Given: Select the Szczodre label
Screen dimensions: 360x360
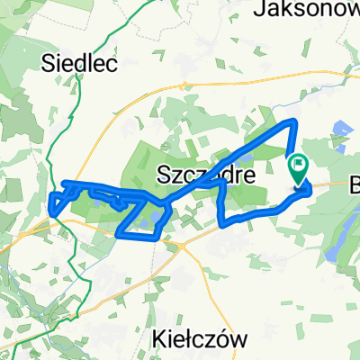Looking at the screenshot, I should [205, 172].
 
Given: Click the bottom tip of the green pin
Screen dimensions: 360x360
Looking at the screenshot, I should [298, 184].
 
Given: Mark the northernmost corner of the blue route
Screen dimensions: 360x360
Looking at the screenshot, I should [292, 121].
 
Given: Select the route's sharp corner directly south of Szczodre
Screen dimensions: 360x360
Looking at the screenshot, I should [222, 220].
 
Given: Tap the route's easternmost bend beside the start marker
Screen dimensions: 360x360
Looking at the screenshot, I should [310, 189].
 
